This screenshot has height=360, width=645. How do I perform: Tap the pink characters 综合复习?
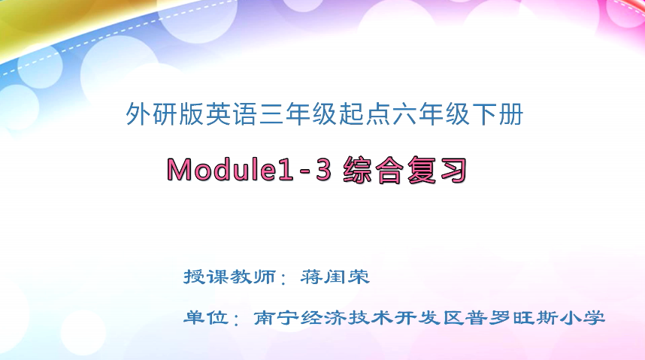coord(404,170)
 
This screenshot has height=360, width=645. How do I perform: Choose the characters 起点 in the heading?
coord(364,115)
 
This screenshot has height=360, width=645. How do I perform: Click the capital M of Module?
coord(180,171)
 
